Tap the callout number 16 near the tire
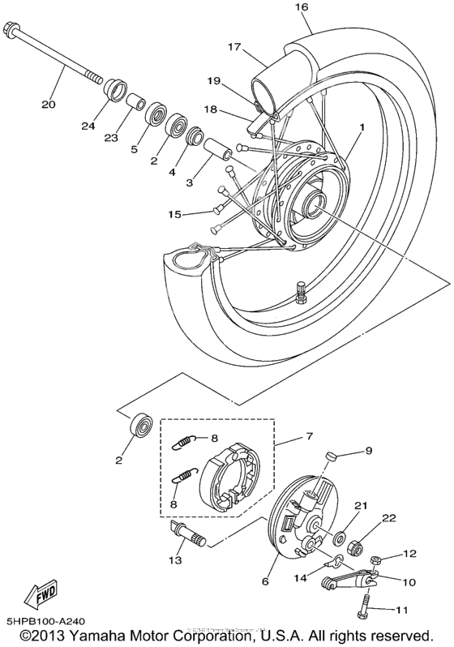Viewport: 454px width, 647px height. pos(302,7)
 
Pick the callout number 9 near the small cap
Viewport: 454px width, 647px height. pos(367,451)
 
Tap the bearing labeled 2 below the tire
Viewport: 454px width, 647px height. pos(143,425)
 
